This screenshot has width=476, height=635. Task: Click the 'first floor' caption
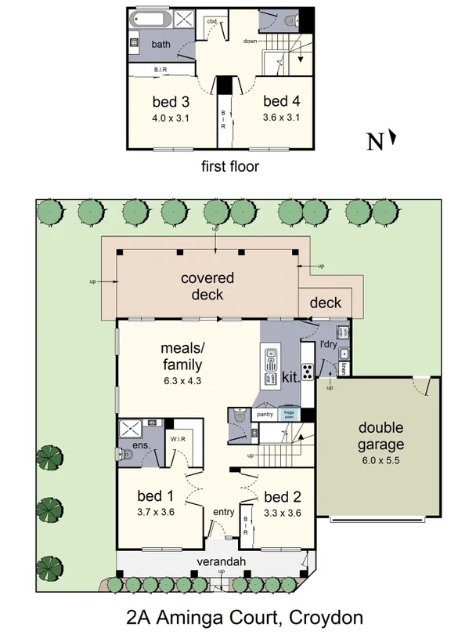(229, 166)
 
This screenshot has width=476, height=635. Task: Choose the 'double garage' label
(380, 436)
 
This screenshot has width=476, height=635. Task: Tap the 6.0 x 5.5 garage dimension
(380, 459)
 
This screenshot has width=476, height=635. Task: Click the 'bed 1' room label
(155, 496)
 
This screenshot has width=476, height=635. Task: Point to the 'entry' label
(224, 513)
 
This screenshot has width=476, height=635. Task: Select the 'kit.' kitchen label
(290, 377)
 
